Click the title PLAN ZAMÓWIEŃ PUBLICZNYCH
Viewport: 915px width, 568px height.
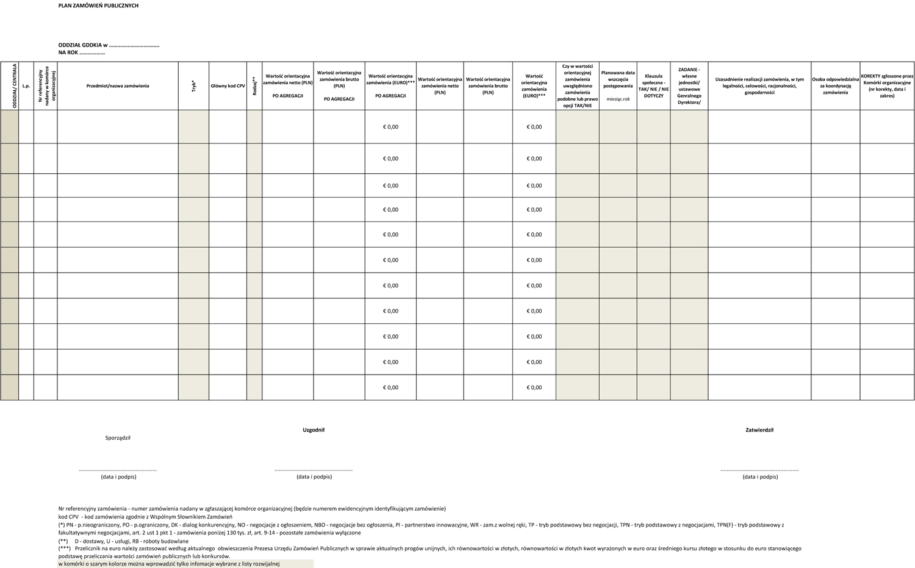coord(98,5)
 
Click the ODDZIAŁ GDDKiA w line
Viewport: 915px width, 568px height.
coord(109,45)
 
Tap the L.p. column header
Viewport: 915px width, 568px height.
coord(26,86)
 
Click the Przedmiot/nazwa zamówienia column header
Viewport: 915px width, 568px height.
coord(118,86)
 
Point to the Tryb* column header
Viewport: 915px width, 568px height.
coord(193,86)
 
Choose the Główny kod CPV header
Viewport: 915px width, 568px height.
coord(228,86)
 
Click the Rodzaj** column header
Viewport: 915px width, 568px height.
coord(254,86)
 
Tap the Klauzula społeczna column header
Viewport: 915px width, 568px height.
coord(653,86)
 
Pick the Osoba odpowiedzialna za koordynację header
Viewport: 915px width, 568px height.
coord(835,85)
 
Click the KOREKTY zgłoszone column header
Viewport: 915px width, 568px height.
coord(887,85)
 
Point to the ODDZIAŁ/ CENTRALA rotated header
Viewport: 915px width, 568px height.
coord(14,86)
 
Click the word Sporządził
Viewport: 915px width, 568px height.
coord(118,437)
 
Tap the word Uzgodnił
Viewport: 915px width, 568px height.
coord(314,430)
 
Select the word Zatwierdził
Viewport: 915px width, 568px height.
coord(759,430)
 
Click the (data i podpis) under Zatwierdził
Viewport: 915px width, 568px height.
coord(760,476)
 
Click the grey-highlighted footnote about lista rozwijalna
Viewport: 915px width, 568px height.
coord(169,564)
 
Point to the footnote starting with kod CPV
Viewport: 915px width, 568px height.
coord(141,517)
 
